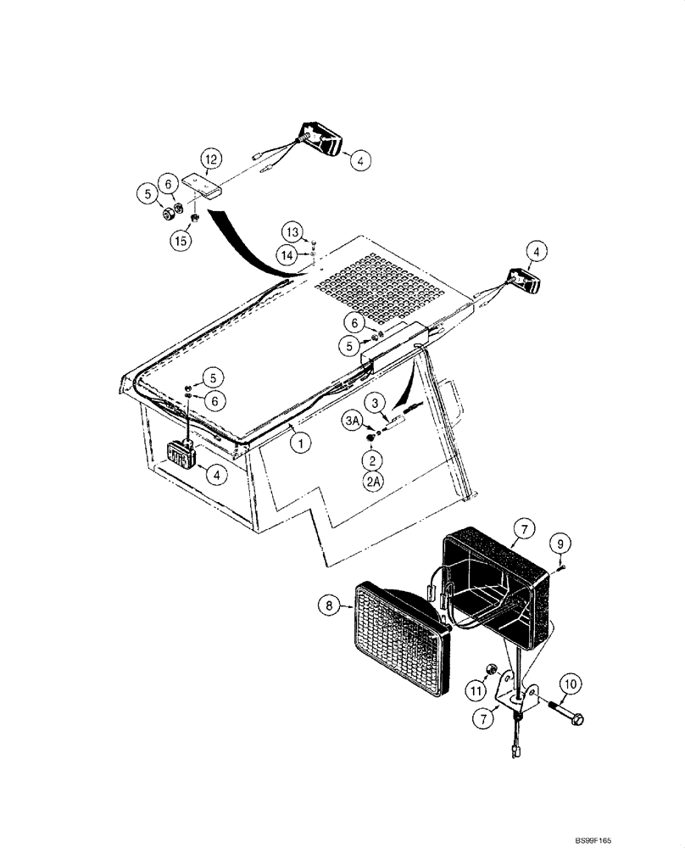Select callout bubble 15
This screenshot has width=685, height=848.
pyautogui.click(x=180, y=242)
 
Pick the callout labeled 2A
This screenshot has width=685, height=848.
pyautogui.click(x=372, y=482)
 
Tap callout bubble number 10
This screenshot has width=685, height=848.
pyautogui.click(x=568, y=682)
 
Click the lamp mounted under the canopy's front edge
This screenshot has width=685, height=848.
pyautogui.click(x=181, y=455)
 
